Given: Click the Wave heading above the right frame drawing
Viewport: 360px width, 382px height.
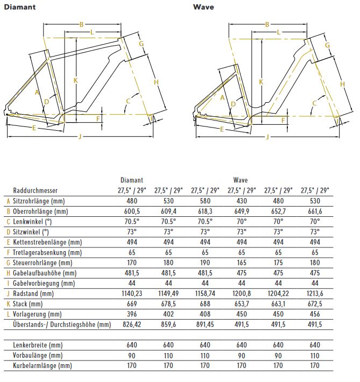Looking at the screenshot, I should pyautogui.click(x=202, y=7).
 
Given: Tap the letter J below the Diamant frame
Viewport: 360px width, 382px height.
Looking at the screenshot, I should pyautogui.click(x=80, y=137).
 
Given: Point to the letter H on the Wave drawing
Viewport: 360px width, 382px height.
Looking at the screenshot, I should pyautogui.click(x=342, y=84).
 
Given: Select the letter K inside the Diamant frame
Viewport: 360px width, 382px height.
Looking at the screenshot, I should pyautogui.click(x=76, y=81).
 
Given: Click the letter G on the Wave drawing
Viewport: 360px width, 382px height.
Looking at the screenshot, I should pyautogui.click(x=327, y=45).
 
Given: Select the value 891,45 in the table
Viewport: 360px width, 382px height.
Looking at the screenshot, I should pyautogui.click(x=204, y=324).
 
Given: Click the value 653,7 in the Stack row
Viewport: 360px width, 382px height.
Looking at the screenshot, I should pyautogui.click(x=241, y=303).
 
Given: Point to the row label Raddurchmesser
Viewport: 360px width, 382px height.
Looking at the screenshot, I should pyautogui.click(x=35, y=190).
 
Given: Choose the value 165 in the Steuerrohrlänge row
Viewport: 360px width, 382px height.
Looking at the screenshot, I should pyautogui.click(x=241, y=263).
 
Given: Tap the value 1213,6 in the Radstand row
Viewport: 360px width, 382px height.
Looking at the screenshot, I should pyautogui.click(x=314, y=293).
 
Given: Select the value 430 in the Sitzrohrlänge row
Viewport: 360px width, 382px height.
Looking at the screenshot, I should pyautogui.click(x=241, y=201).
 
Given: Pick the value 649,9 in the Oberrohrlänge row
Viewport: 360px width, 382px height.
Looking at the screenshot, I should pyautogui.click(x=241, y=211).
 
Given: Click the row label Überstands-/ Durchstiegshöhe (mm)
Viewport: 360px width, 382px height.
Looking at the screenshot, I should pyautogui.click(x=61, y=324).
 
